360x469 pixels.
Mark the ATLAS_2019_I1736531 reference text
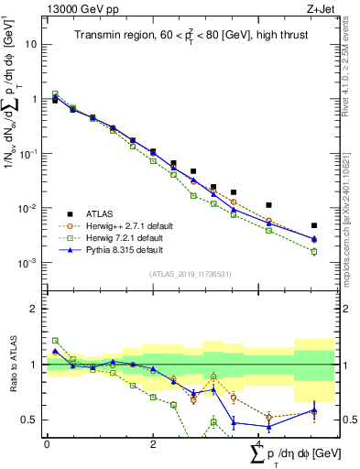[190, 274]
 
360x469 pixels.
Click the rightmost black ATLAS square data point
[313, 225]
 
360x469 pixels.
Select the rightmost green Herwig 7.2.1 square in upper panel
[313, 252]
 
